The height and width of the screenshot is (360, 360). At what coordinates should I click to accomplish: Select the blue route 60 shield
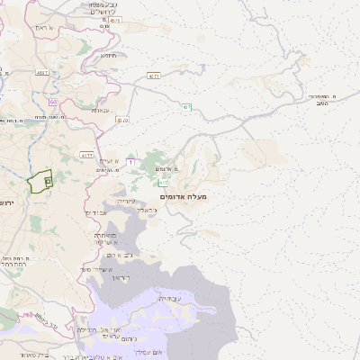(53, 102)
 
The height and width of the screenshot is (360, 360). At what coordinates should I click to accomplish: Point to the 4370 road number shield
(122, 120)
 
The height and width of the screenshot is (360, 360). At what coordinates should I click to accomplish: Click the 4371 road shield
(154, 76)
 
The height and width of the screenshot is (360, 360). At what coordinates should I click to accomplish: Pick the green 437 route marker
(186, 108)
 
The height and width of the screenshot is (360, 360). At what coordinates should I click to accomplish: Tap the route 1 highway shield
(130, 161)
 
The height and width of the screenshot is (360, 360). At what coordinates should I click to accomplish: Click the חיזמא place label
(109, 56)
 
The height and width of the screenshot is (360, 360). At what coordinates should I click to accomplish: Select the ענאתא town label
(100, 110)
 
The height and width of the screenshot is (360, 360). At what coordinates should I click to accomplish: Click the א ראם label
(45, 29)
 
